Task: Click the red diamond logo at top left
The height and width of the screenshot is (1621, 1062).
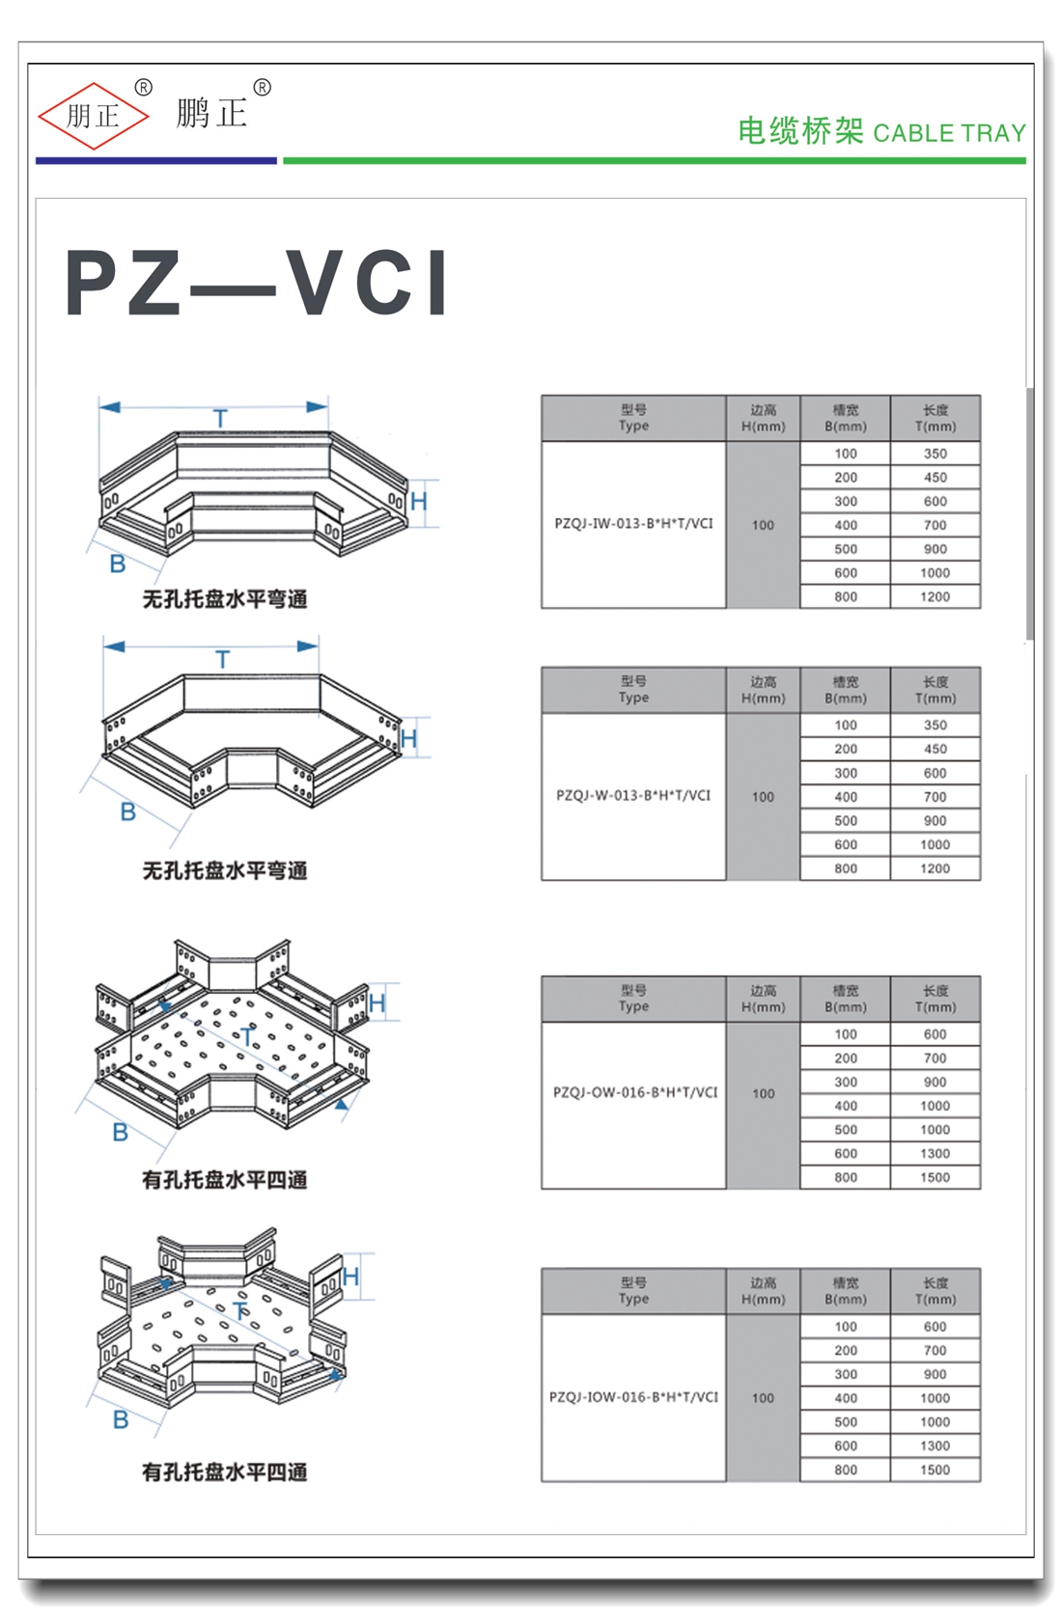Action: click(x=93, y=116)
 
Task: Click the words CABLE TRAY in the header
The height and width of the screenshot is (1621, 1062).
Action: click(x=949, y=133)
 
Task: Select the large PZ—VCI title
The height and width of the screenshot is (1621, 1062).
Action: click(x=257, y=284)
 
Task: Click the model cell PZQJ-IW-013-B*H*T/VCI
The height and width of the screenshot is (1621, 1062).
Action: click(x=633, y=524)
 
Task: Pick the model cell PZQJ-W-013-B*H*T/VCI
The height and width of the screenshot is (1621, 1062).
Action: click(x=633, y=796)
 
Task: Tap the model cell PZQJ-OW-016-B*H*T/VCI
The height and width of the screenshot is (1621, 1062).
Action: click(x=634, y=1093)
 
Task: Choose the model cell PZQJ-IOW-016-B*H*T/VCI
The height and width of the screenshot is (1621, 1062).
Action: click(x=633, y=1397)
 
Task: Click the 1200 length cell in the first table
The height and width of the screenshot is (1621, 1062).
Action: click(x=935, y=597)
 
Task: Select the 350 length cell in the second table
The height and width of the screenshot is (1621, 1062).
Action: click(x=935, y=726)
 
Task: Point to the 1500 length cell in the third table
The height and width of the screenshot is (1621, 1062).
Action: click(x=935, y=1178)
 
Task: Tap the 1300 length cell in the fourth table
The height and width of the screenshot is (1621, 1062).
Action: click(x=935, y=1446)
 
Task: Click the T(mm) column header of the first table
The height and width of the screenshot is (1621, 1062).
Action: click(x=935, y=418)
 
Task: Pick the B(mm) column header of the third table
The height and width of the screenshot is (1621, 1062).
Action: click(x=846, y=999)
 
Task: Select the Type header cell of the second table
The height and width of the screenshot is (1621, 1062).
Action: click(x=633, y=690)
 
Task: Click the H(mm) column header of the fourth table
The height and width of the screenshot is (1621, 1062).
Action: click(x=763, y=1291)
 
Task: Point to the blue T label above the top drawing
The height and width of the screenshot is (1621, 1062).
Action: click(x=220, y=419)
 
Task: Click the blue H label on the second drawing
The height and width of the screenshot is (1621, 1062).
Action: click(x=409, y=739)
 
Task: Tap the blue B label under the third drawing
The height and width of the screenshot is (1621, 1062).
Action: click(x=120, y=1132)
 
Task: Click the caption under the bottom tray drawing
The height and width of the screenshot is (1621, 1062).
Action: click(x=224, y=1472)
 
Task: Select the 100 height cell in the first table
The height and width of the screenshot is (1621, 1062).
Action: click(x=763, y=526)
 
